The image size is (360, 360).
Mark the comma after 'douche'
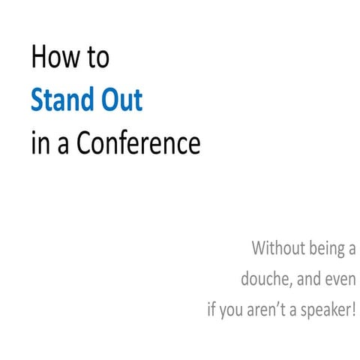tap(290, 283)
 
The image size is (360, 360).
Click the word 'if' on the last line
tap(212, 309)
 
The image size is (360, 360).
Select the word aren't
tap(265, 309)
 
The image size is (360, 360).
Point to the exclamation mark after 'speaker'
tap(352, 308)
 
